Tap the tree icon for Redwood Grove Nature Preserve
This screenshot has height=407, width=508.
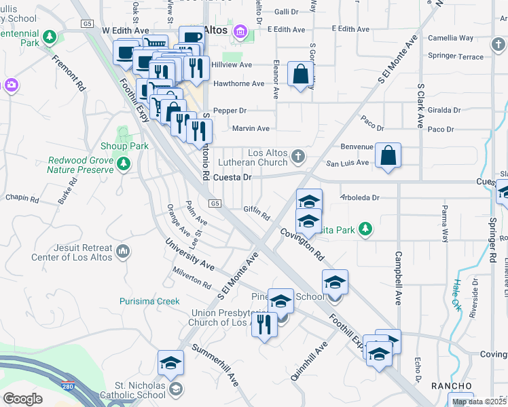[123, 163]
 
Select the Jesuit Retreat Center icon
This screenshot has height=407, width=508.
[123, 252]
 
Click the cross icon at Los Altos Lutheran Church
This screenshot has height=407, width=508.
[297, 157]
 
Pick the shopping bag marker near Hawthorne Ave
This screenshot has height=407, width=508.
[300, 75]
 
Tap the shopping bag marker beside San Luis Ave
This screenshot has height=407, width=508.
[388, 155]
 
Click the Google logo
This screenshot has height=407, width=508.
[22, 399]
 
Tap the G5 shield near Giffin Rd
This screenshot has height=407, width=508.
[215, 203]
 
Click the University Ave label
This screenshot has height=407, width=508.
[192, 257]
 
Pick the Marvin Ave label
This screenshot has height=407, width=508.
[251, 128]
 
